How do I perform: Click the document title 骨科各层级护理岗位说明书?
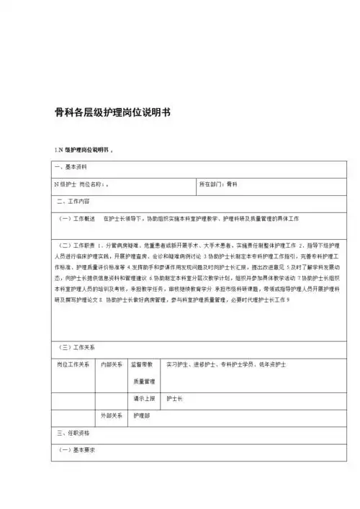pos(112,113)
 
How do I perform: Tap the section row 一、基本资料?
pos(71,167)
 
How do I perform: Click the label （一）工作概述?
pos(77,217)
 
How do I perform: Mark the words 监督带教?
pos(143,365)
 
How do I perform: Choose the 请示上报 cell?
pos(143,398)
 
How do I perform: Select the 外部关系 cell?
pos(112,415)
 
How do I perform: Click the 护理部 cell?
pos(141,415)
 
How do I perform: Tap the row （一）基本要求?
pos(77,450)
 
